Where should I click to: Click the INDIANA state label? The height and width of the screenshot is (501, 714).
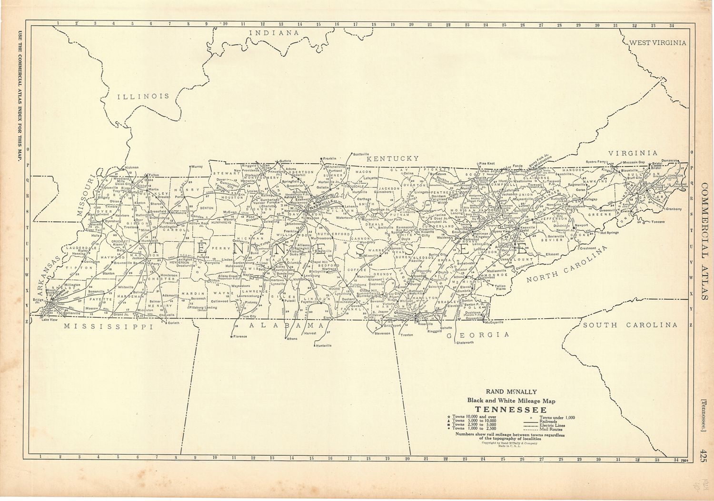tap(275, 33)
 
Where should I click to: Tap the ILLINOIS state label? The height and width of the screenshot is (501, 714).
tap(143, 96)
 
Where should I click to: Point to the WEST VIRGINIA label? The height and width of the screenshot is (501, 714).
tap(658, 43)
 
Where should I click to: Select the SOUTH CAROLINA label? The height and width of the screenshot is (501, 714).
tap(630, 325)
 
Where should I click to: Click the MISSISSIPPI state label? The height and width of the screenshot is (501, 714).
tap(109, 327)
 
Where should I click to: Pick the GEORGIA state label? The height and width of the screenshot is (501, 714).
tap(477, 335)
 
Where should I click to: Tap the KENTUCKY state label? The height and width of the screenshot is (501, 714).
tap(396, 158)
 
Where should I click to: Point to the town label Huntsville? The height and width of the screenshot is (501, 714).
tap(324, 345)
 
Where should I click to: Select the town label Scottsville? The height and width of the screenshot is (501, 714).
tap(361, 154)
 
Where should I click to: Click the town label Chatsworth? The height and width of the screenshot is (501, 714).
tap(465, 343)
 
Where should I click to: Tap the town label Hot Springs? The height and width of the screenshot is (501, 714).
tap(609, 233)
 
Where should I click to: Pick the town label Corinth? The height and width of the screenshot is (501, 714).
tap(174, 323)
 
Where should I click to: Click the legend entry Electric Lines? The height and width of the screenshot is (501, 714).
tap(552, 425)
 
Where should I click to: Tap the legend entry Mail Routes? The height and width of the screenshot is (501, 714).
tap(551, 429)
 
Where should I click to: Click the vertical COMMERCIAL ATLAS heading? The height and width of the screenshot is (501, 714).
tap(704, 242)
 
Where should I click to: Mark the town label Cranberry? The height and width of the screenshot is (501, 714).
tap(674, 209)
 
